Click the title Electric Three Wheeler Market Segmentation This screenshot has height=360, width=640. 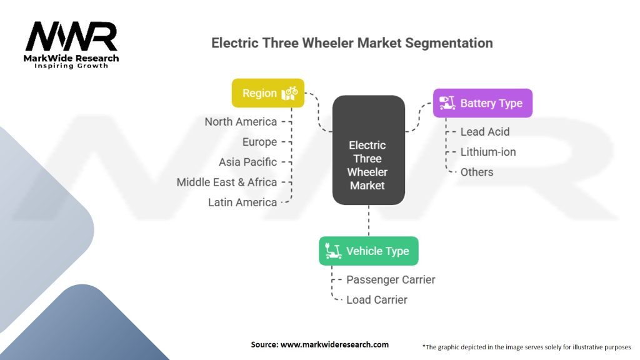point(352,43)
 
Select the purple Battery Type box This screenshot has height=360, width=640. point(482,103)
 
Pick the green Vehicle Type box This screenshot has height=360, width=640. point(368,251)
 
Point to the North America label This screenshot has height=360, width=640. point(241,122)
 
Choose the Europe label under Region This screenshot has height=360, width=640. point(259,142)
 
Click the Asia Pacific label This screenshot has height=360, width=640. point(247,162)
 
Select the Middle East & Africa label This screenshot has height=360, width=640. point(226,182)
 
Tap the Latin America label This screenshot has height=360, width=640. point(242,202)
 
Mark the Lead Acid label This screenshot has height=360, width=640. point(484,132)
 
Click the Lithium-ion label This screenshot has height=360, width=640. point(487,152)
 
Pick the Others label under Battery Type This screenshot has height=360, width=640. point(476,172)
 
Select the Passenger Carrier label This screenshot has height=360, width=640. point(391,279)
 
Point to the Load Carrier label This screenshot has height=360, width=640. point(376,299)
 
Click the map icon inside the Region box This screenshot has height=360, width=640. point(290,93)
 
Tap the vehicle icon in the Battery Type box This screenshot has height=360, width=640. point(446,103)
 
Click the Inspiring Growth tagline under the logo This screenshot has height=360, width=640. point(71,66)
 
